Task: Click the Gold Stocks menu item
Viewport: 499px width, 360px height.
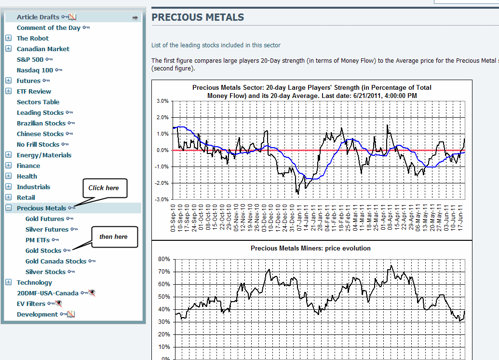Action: tap(43, 251)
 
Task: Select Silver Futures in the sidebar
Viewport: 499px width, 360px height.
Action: tap(47, 230)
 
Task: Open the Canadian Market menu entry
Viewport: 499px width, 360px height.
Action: tap(43, 49)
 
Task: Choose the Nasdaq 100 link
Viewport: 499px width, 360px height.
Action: tap(35, 70)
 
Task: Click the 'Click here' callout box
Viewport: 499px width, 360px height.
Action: tap(104, 188)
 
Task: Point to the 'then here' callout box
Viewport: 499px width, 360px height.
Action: tap(114, 236)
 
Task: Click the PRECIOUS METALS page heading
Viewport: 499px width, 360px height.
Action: tap(198, 18)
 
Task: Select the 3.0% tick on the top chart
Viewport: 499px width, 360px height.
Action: tap(162, 101)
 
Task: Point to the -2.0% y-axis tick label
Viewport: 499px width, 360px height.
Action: tap(162, 183)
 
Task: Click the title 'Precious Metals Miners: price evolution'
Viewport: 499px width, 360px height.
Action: tap(310, 249)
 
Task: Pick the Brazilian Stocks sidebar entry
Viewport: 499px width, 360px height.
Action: tap(41, 124)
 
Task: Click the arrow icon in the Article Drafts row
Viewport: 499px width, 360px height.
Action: tap(135, 17)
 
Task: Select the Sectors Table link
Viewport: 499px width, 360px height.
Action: tap(38, 102)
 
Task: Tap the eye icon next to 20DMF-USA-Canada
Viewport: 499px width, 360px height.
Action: tap(92, 293)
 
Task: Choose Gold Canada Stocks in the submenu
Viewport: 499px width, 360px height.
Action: tap(56, 262)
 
